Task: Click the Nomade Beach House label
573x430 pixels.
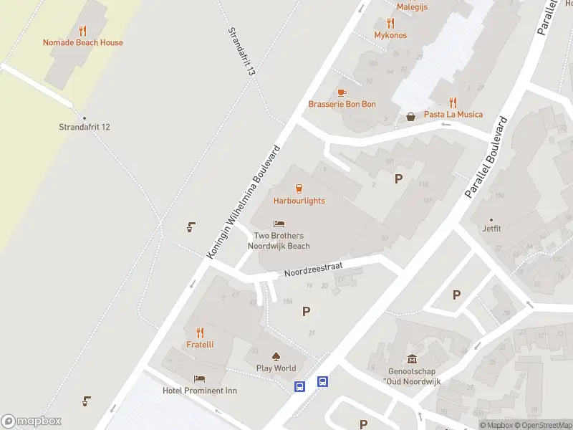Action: pos(82,42)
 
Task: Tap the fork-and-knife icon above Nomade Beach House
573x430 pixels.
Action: pos(82,31)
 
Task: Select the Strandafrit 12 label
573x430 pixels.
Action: pos(85,127)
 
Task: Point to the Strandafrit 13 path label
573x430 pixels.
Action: pos(241,52)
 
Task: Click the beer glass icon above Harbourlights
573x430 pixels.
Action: pos(299,188)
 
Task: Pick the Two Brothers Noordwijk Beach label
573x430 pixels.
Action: pos(279,241)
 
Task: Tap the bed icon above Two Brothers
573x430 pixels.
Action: pos(279,224)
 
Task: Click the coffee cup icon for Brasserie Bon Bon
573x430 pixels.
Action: pos(342,92)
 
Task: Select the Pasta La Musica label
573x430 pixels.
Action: pos(453,114)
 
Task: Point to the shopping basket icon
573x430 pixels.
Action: pos(411,116)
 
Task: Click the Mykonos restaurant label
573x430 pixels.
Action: pos(390,34)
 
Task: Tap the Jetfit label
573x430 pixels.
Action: pos(491,230)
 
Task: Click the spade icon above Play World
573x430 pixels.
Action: pos(276,356)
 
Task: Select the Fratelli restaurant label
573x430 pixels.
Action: pos(200,344)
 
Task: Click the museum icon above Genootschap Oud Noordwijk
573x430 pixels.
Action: pos(412,359)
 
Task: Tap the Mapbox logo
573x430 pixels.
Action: pos(32,421)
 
